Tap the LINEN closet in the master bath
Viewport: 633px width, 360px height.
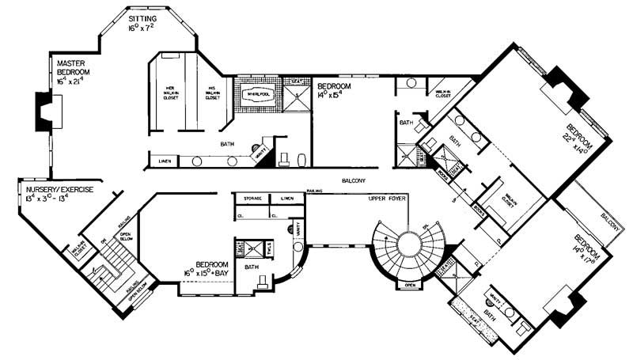pyautogui.click(x=164, y=162)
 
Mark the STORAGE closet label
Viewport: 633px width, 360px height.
pyautogui.click(x=252, y=199)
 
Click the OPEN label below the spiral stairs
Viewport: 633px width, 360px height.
pyautogui.click(x=409, y=286)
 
